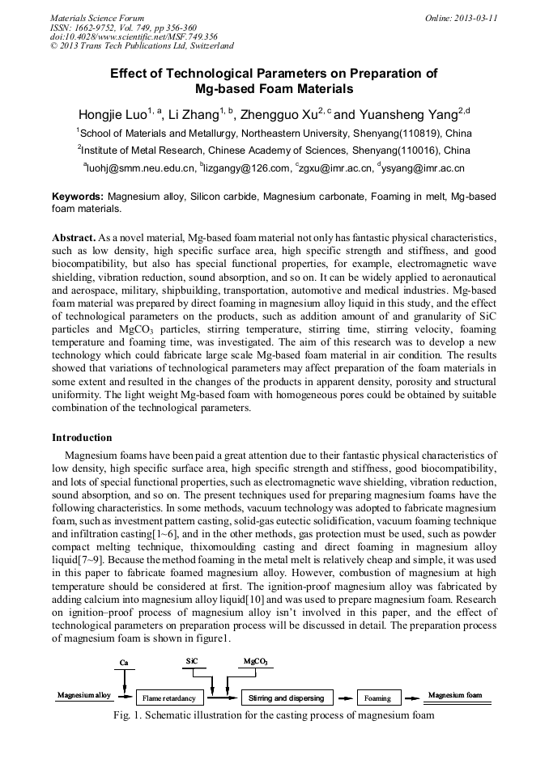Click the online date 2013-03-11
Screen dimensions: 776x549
coord(466,17)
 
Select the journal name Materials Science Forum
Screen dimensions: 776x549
coord(97,17)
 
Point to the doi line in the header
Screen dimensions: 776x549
coord(134,36)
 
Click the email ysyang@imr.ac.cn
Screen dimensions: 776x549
coord(423,168)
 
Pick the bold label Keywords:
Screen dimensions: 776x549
coord(78,197)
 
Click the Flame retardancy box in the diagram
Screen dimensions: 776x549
coord(168,698)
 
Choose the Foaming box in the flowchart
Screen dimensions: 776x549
coord(377,698)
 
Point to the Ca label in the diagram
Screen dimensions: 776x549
coord(124,663)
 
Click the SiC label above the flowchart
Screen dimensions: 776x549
coord(192,661)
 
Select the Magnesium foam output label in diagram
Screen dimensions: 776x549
coord(455,695)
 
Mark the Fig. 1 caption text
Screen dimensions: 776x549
coord(274,715)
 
